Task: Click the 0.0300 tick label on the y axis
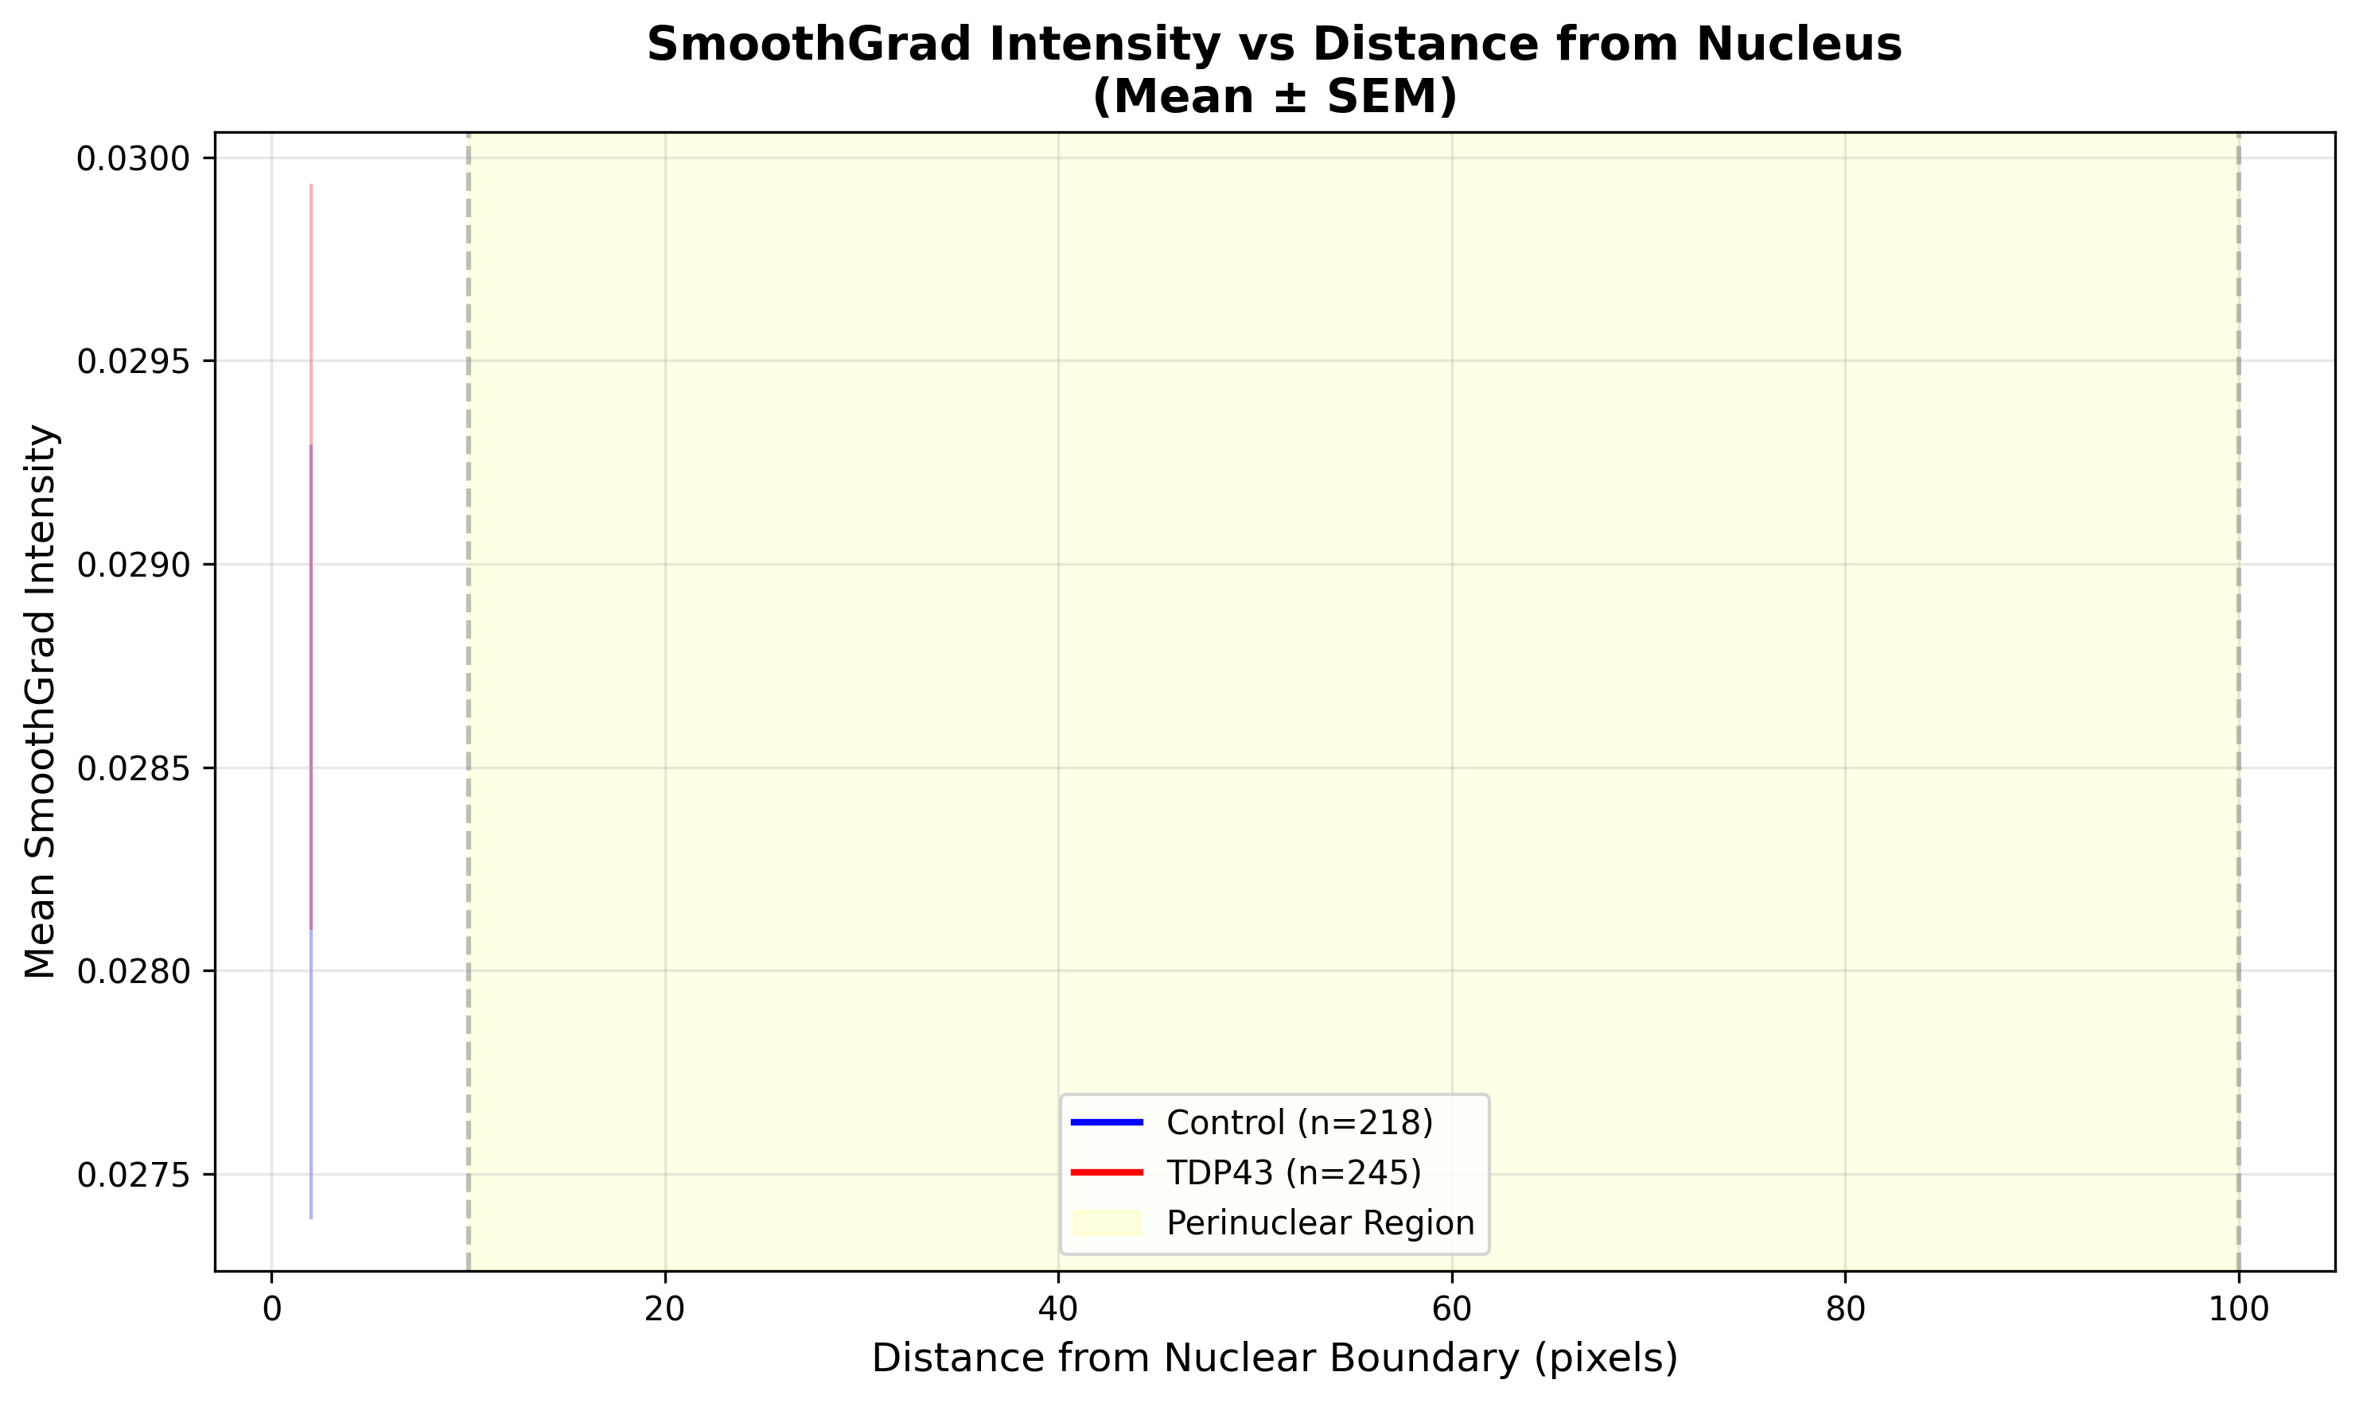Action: point(132,160)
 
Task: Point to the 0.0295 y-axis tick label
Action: point(132,362)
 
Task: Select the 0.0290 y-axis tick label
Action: point(132,565)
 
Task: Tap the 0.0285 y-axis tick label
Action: point(132,768)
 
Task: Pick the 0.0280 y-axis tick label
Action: point(132,971)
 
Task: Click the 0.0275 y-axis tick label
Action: point(132,1176)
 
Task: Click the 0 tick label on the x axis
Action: point(272,1309)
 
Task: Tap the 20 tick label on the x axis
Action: point(664,1309)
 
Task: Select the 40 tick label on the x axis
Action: point(1058,1309)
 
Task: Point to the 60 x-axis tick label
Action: point(1451,1309)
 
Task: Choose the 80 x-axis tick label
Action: point(1845,1309)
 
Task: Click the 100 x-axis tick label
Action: point(2238,1309)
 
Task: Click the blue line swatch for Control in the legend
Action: point(1106,1122)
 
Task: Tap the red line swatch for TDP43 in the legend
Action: point(1106,1172)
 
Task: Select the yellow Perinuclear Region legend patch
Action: point(1106,1223)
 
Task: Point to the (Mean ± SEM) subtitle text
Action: point(1274,96)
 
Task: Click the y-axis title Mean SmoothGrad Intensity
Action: point(41,701)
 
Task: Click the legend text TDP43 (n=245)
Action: point(1294,1172)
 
